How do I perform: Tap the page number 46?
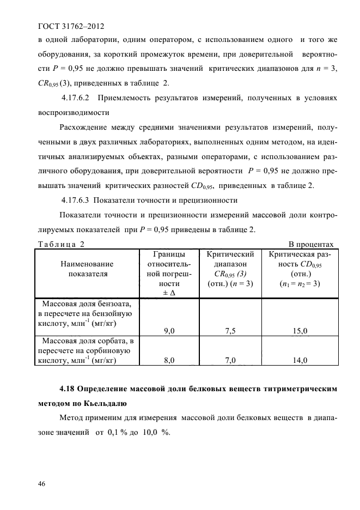41,483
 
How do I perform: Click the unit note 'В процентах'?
310,244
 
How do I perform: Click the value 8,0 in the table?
169,360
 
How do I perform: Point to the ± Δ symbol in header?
169,293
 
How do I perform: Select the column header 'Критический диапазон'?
231,259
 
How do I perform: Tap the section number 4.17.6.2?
79,98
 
